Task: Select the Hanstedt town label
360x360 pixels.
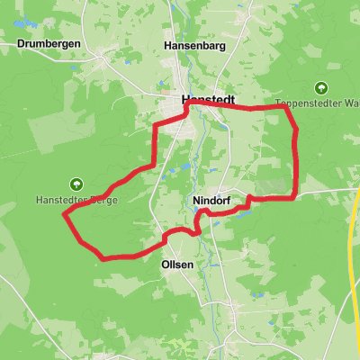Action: coord(208,101)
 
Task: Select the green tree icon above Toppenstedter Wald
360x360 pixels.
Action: coord(321,88)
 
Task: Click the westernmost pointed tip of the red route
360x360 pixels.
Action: coord(64,214)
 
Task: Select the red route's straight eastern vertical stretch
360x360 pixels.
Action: coord(296,157)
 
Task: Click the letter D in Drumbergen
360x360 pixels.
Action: coord(20,43)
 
